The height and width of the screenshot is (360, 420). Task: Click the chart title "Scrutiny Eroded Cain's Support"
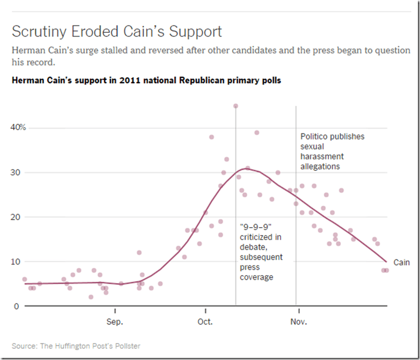(x=117, y=31)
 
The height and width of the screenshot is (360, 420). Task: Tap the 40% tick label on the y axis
(x=18, y=128)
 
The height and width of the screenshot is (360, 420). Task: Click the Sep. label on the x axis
(x=114, y=321)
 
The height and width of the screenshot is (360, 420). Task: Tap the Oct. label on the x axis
(x=205, y=321)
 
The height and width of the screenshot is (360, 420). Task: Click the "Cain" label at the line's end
(x=401, y=263)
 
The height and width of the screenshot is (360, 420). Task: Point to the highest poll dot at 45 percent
(x=236, y=106)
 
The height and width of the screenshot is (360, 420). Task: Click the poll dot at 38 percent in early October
(x=212, y=137)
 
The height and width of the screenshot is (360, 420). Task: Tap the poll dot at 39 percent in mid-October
(x=257, y=132)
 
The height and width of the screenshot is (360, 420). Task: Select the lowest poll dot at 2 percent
(x=91, y=297)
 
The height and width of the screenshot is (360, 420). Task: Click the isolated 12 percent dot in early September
(x=139, y=253)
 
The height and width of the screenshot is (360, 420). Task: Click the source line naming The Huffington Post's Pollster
(x=76, y=346)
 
